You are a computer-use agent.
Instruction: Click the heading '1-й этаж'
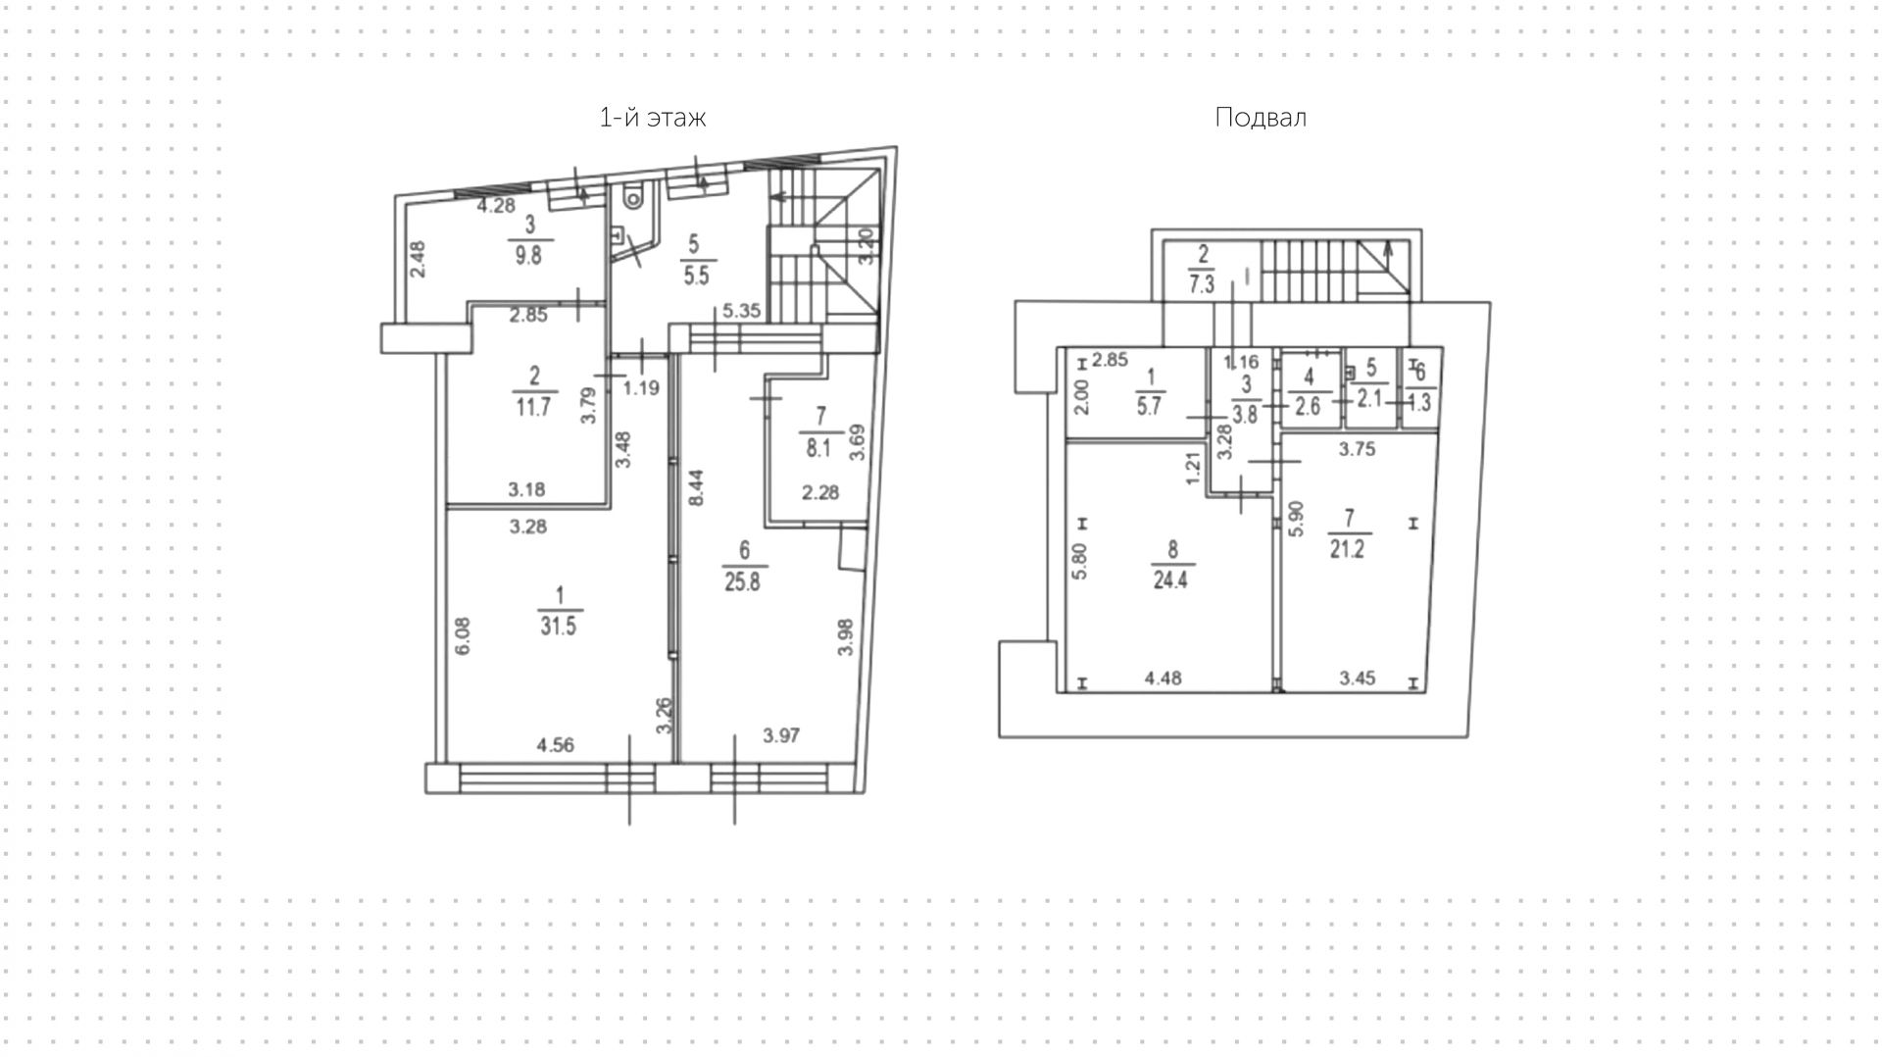[x=652, y=119]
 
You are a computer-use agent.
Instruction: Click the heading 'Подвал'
[x=1260, y=119]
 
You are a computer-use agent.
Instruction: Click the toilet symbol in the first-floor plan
[x=633, y=198]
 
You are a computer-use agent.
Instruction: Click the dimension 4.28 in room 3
[x=495, y=206]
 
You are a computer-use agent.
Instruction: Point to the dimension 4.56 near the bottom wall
[x=556, y=745]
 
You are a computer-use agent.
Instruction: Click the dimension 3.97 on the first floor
[x=781, y=735]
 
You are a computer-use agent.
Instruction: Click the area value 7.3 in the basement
[x=1202, y=285]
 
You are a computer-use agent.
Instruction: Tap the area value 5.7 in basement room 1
[x=1149, y=406]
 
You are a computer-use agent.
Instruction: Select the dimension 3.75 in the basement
[x=1358, y=450]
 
